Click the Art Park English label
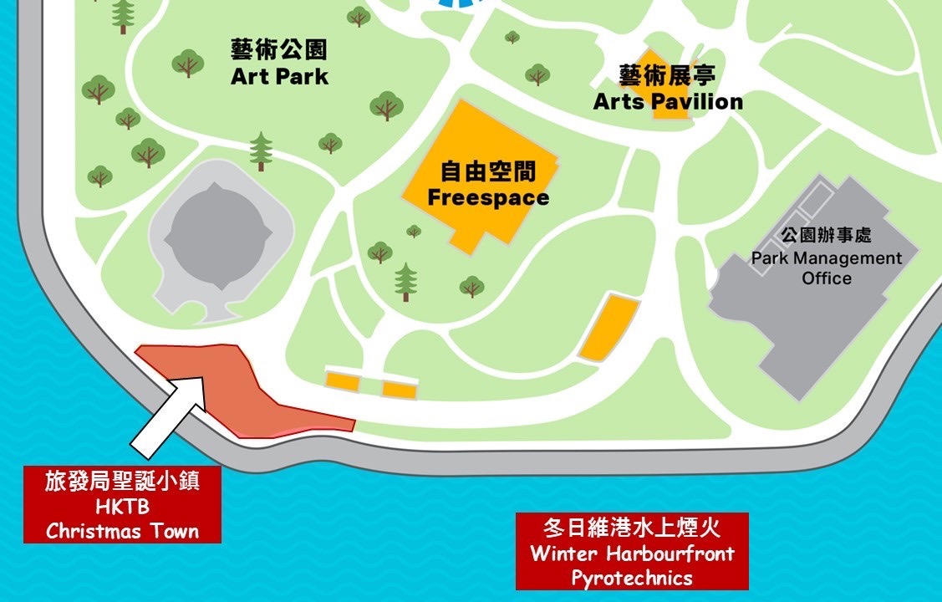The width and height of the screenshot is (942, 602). point(279,77)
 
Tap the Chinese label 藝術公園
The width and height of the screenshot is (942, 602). point(279,50)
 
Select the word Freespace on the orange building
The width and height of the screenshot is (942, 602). point(488,197)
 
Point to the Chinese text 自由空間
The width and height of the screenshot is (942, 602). point(488,173)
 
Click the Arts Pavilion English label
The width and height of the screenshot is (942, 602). point(668,102)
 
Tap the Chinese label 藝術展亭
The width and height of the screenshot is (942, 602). point(668,76)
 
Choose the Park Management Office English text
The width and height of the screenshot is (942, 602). point(826,268)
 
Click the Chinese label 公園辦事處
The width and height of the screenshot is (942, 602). point(826,236)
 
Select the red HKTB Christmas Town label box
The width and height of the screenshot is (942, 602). point(122,504)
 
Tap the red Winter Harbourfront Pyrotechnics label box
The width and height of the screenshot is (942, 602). point(632,552)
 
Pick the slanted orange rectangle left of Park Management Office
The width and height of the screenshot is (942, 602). point(609,327)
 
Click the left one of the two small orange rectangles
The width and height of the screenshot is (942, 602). point(343,381)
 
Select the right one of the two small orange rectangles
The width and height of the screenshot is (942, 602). point(400,389)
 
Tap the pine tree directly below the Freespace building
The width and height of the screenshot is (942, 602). point(406,281)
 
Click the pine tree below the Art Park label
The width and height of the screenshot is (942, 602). point(262,150)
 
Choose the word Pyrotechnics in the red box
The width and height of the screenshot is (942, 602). point(632,577)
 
